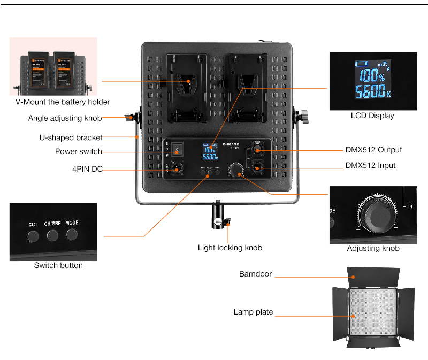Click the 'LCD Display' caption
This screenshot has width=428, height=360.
pyautogui.click(x=372, y=116)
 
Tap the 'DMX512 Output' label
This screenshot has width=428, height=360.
pyautogui.click(x=373, y=150)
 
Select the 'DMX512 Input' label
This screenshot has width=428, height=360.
pyautogui.click(x=370, y=165)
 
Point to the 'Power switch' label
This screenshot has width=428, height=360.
pyautogui.click(x=78, y=152)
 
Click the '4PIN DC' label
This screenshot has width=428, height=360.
pyautogui.click(x=87, y=170)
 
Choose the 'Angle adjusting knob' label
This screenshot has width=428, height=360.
pyautogui.click(x=65, y=118)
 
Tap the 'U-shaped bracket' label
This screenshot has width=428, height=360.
pyautogui.click(x=71, y=137)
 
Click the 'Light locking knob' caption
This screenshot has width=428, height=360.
pyautogui.click(x=230, y=248)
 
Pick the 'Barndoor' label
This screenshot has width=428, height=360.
pyautogui.click(x=255, y=274)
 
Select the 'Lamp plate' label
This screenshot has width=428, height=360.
pyautogui.click(x=253, y=312)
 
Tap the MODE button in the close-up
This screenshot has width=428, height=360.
pyautogui.click(x=72, y=234)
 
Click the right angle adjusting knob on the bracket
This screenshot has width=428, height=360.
pyautogui.click(x=304, y=116)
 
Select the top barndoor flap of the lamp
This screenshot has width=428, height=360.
pyautogui.click(x=373, y=275)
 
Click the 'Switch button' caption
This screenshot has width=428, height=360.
pyautogui.click(x=58, y=265)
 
